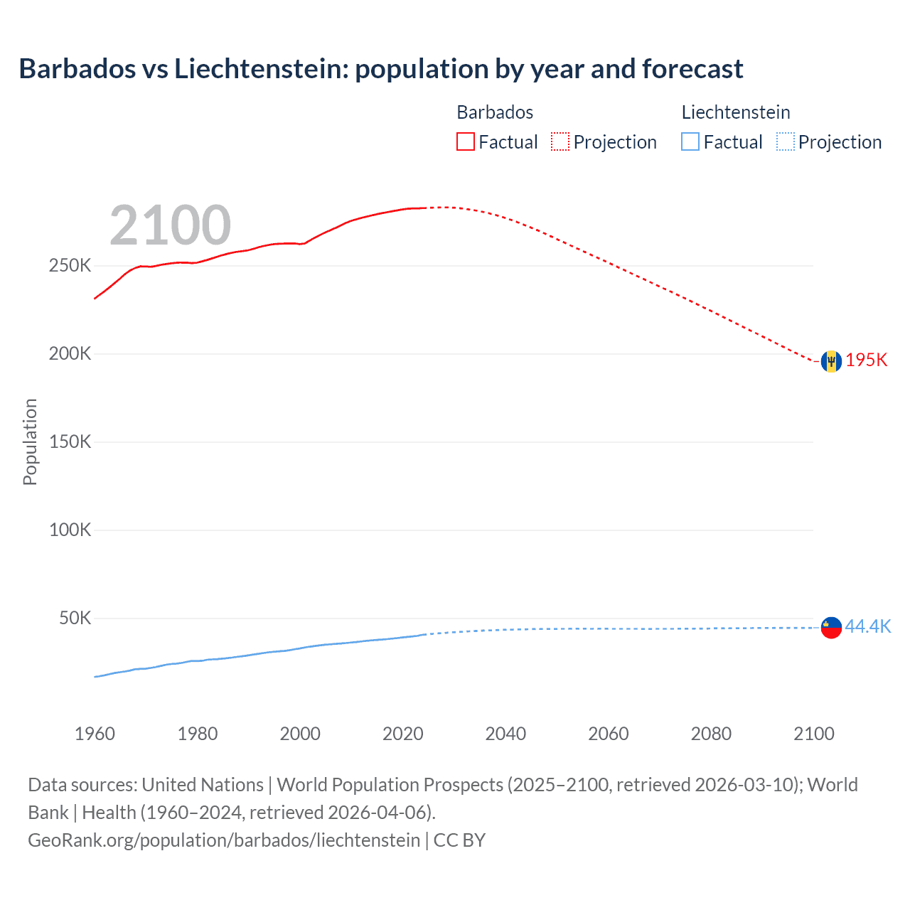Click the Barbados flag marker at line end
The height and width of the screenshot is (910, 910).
tap(831, 361)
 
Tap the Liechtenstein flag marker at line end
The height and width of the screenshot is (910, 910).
tap(831, 628)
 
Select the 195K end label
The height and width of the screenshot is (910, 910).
tap(867, 360)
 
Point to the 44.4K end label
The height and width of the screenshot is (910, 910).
tap(867, 626)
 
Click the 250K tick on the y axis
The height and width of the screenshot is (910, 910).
tap(70, 266)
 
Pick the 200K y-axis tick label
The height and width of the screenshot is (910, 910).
tap(70, 354)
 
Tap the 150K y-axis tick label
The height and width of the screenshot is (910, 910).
tap(70, 442)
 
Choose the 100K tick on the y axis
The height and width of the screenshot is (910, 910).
tap(70, 530)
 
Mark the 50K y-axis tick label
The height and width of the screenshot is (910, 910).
tap(75, 619)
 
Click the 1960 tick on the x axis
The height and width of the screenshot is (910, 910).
tap(95, 734)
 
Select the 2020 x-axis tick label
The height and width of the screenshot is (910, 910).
tap(402, 734)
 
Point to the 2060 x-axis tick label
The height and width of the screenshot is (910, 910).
tap(608, 734)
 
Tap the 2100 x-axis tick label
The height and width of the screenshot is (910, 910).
tap(813, 734)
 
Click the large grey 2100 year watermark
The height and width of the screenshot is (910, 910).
tap(170, 225)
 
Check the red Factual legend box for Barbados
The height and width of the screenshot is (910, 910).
tap(465, 142)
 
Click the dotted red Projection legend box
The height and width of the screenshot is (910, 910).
tap(560, 142)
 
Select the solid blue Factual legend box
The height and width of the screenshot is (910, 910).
tap(690, 142)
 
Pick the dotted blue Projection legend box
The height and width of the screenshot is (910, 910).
tap(785, 142)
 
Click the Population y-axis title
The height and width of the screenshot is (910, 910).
tap(30, 442)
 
